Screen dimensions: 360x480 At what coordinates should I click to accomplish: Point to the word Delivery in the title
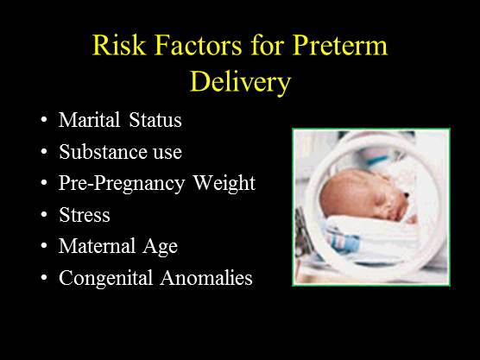tap(239, 85)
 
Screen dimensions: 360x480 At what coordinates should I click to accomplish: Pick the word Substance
tap(97, 152)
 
